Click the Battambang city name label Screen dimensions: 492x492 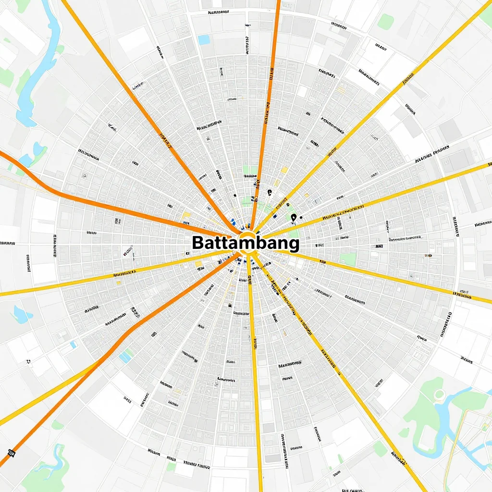(x=245, y=243)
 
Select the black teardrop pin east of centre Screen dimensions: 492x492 (x=293, y=218)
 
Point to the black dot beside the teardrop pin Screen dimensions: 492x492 (x=301, y=217)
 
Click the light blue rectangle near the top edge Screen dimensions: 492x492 (x=204, y=40)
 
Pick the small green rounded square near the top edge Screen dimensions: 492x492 (x=385, y=21)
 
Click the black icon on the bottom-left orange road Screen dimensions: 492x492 (x=10, y=453)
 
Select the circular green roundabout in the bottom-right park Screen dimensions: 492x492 (x=439, y=395)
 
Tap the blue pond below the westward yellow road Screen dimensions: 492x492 (x=21, y=314)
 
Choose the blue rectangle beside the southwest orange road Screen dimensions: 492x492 (x=125, y=357)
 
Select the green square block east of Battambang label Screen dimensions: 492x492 (x=347, y=259)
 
